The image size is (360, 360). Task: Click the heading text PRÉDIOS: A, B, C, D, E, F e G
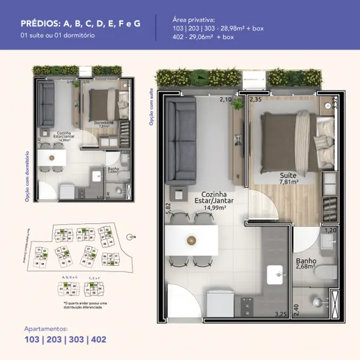[x=80, y=23]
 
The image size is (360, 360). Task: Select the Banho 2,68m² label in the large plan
[x=305, y=264]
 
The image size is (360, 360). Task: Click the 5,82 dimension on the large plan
[x=168, y=207]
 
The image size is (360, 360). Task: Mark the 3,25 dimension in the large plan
[x=281, y=315]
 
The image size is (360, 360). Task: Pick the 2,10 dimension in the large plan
[x=225, y=100]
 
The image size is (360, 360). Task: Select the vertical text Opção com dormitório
[x=26, y=174]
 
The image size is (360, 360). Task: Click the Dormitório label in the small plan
[x=104, y=122]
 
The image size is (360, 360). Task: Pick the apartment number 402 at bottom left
[x=96, y=340]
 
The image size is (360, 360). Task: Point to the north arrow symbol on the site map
[x=130, y=236]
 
